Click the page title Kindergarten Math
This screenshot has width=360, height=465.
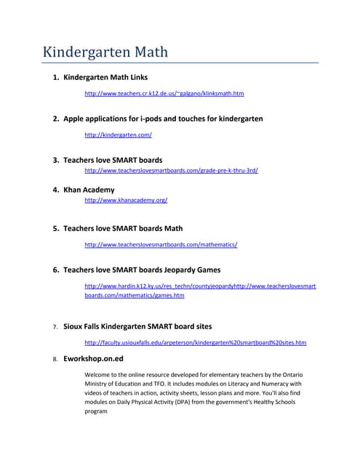(105, 52)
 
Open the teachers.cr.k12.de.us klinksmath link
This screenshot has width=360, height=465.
(164, 94)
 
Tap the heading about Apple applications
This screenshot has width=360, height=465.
(163, 118)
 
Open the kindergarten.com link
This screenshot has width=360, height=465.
(118, 135)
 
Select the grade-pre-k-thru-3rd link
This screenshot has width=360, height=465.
(172, 170)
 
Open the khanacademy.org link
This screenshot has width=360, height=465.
(126, 200)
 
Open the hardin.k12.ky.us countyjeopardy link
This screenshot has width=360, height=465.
(160, 287)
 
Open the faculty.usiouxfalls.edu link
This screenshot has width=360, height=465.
(195, 342)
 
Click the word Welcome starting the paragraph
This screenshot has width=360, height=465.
(100, 375)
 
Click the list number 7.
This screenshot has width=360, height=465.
(55, 327)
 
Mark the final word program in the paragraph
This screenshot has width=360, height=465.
(96, 411)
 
